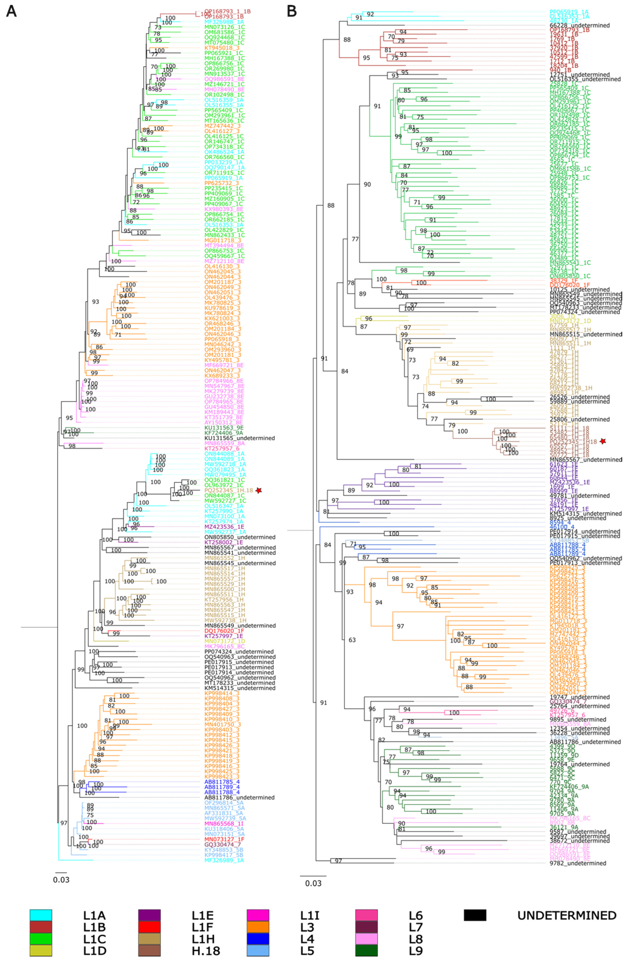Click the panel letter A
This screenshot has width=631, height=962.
coord(11,11)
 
